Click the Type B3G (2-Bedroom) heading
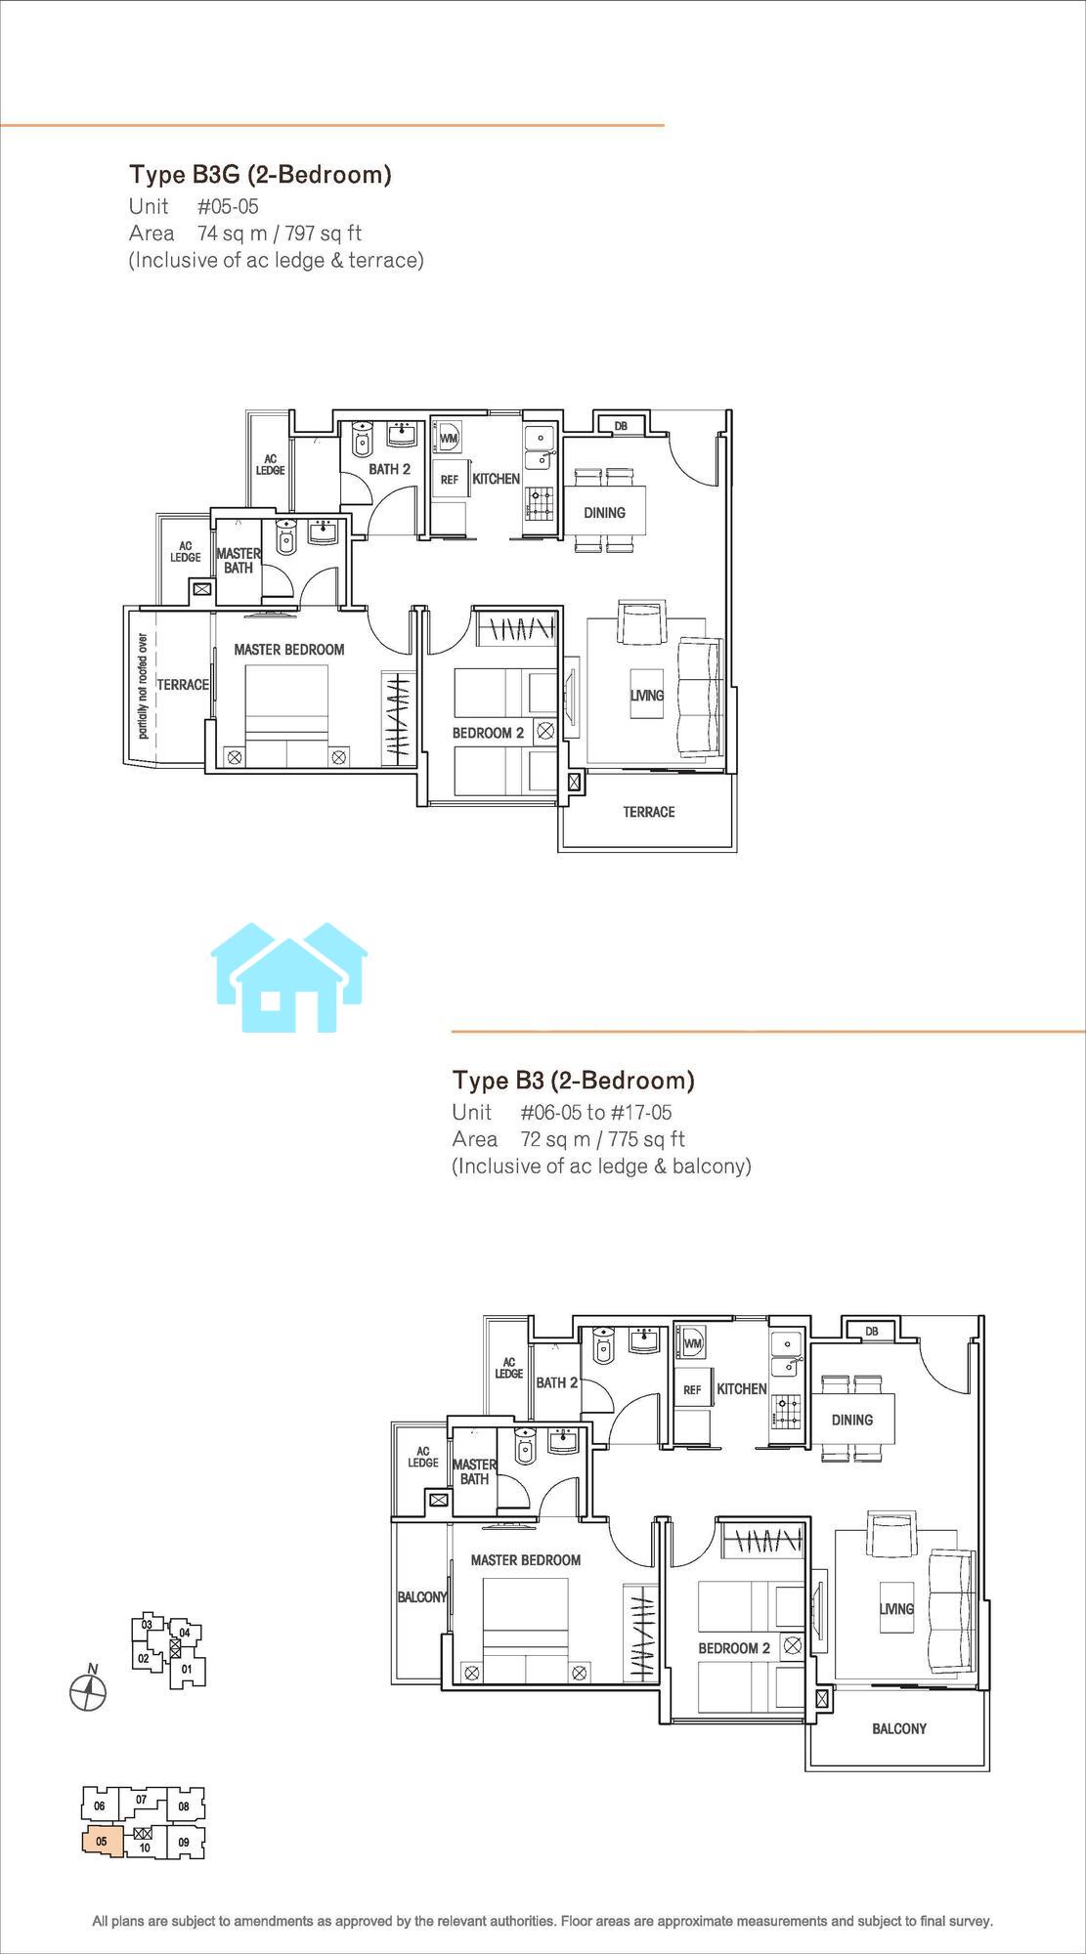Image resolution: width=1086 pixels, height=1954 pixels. coord(260,175)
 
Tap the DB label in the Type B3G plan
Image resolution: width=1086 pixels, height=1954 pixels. coord(621,426)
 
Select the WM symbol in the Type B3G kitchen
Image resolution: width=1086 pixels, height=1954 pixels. coord(449,438)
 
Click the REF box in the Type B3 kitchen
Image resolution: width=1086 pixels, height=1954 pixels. coord(692,1390)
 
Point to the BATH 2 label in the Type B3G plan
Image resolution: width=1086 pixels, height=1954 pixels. coord(389,469)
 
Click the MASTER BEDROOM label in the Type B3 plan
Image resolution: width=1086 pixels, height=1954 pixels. coord(526,1560)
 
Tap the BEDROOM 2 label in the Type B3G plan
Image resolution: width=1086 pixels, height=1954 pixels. coord(488,733)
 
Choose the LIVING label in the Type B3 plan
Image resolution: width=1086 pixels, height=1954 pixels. coord(896,1609)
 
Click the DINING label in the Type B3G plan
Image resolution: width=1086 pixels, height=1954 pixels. coord(604,512)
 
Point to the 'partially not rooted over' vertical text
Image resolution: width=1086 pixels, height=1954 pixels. coord(143,686)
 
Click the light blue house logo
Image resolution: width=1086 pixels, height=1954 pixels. coord(289,977)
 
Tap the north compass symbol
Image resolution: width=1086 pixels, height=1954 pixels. coord(88,1691)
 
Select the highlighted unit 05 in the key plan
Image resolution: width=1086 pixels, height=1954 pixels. coord(102,1842)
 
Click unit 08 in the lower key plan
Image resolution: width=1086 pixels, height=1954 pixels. coord(184,1806)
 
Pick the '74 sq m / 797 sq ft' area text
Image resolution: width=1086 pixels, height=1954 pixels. coord(280,234)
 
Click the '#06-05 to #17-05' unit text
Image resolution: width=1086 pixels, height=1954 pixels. coord(596,1113)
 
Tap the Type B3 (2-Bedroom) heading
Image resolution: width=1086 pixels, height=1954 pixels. coord(574,1081)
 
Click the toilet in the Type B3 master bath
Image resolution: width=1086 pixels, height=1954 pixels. coord(526,1447)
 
